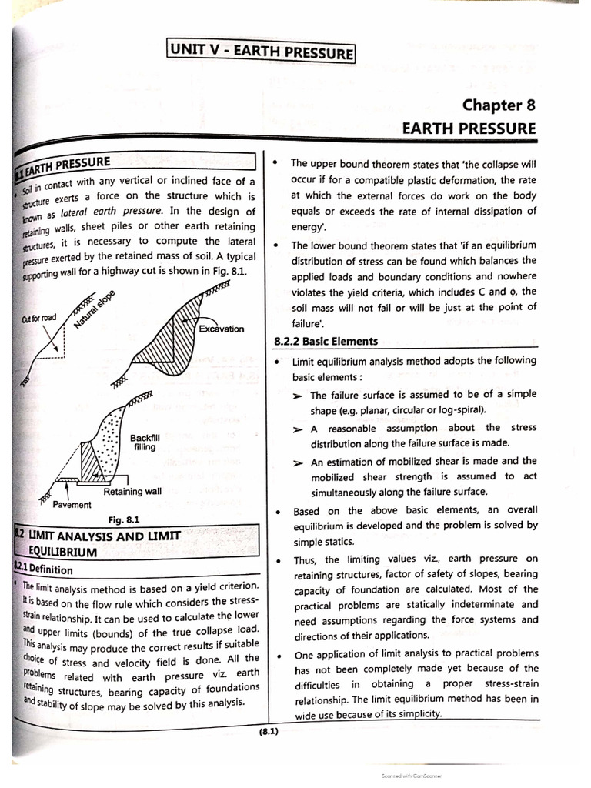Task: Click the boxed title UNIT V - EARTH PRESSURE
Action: coord(261,53)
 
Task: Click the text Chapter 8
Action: coord(498,105)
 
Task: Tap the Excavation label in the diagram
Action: coord(221,329)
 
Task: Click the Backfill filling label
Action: coord(145,442)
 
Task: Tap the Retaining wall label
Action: coord(132,491)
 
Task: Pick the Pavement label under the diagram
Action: coord(72,505)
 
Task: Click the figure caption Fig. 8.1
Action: coord(124,519)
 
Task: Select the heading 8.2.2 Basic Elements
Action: coord(326,341)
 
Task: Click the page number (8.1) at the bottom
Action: coord(269,731)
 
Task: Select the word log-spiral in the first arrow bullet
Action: coord(456,409)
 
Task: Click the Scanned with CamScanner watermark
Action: coord(412,776)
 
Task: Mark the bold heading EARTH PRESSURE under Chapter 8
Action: coord(469,128)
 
